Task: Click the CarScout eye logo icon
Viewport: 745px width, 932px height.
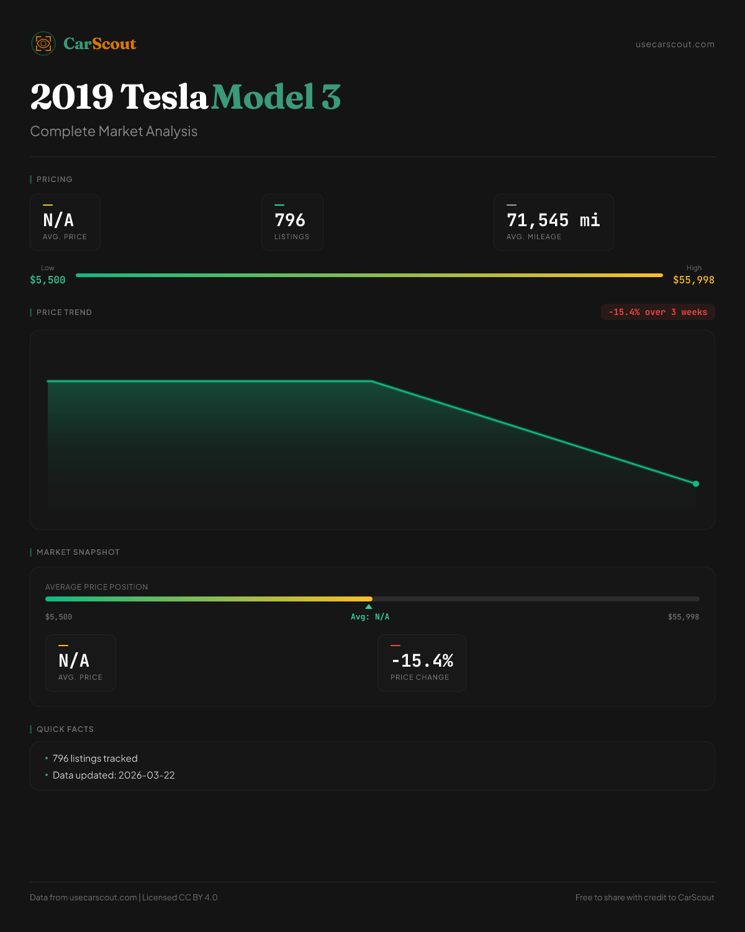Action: pyautogui.click(x=43, y=43)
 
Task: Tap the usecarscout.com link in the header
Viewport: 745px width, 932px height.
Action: pyautogui.click(x=675, y=44)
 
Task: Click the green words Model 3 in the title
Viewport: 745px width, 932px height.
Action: pyautogui.click(x=276, y=97)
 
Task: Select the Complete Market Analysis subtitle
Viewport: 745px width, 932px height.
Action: pyautogui.click(x=114, y=132)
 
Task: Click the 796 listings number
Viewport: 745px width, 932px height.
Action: pyautogui.click(x=290, y=220)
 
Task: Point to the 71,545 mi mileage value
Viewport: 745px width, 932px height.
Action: pyautogui.click(x=553, y=220)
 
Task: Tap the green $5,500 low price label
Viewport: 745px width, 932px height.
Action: pyautogui.click(x=48, y=280)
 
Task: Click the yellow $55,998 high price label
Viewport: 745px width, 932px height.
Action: pyautogui.click(x=693, y=280)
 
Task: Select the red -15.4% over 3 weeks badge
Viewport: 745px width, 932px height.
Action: pyautogui.click(x=657, y=312)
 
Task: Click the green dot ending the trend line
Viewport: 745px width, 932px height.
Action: pyautogui.click(x=696, y=483)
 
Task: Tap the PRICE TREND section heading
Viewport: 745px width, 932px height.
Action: pyautogui.click(x=64, y=313)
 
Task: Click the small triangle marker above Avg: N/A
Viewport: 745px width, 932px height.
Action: pyautogui.click(x=369, y=606)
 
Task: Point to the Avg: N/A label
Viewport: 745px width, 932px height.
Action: pyautogui.click(x=370, y=617)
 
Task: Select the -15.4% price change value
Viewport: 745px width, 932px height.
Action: pyautogui.click(x=422, y=660)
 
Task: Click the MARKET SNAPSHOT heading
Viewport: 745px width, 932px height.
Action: pyautogui.click(x=78, y=552)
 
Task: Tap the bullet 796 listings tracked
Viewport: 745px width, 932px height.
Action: pyautogui.click(x=95, y=759)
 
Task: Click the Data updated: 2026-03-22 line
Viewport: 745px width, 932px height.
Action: pyautogui.click(x=114, y=775)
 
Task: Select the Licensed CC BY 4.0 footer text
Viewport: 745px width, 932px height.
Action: pyautogui.click(x=180, y=897)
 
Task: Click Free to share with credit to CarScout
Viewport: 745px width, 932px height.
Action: pyautogui.click(x=644, y=897)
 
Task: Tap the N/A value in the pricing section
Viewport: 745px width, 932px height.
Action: pyautogui.click(x=58, y=220)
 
